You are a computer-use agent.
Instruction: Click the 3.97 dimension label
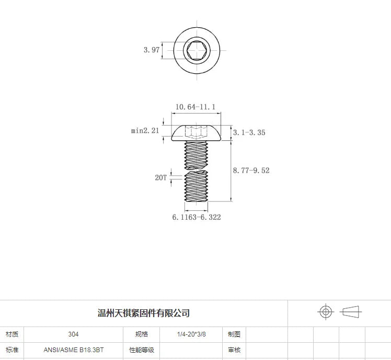pos(151,50)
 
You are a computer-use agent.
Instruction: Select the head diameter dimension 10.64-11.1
pos(195,107)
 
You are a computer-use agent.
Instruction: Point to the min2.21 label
pos(145,131)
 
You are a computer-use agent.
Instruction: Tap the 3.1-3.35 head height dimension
pos(249,132)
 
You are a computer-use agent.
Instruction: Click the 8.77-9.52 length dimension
pos(251,171)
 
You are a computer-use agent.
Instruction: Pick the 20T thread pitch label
pos(160,177)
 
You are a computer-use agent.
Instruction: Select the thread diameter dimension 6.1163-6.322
pos(197,217)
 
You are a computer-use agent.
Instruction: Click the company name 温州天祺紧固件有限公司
pos(144,313)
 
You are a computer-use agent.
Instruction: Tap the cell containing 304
pos(73,334)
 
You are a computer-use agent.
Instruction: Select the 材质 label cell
pos(11,334)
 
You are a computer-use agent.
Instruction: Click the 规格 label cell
pos(141,334)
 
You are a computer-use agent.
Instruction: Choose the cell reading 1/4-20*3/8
pos(191,334)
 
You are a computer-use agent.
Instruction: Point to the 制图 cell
pos(234,334)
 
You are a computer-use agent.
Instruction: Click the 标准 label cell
pos(11,350)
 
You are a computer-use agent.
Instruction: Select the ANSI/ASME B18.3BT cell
pos(73,350)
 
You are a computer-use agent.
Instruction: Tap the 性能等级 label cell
pos(141,350)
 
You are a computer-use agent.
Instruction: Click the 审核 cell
pos(234,350)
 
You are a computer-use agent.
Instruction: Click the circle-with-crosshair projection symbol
pos(326,312)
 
